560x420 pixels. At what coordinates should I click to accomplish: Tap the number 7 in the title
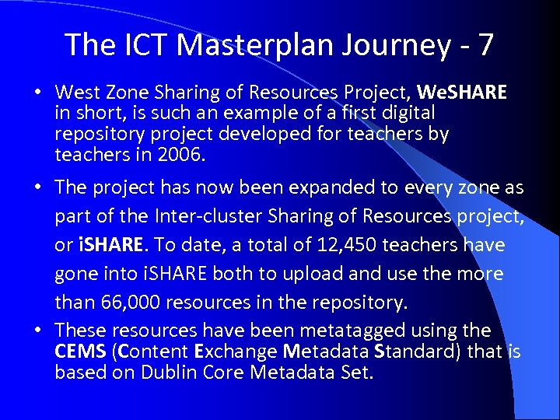(485, 45)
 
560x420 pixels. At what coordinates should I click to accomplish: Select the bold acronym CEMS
(81, 352)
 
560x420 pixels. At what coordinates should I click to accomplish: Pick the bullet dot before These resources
(37, 331)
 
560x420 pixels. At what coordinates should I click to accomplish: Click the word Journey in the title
(390, 45)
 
